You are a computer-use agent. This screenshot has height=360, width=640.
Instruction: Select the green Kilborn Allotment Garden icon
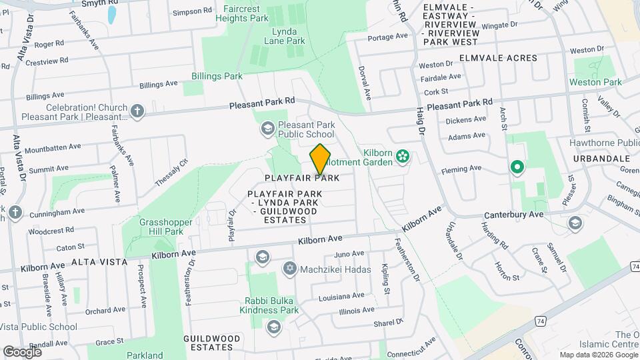click(x=402, y=157)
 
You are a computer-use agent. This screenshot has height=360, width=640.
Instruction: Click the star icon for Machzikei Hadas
click(x=289, y=268)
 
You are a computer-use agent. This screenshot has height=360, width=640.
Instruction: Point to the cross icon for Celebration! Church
click(x=137, y=111)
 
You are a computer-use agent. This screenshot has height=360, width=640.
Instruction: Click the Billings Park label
click(x=217, y=76)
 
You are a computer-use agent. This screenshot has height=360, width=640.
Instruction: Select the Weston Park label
click(x=595, y=82)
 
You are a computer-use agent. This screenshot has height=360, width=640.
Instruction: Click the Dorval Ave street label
click(x=366, y=85)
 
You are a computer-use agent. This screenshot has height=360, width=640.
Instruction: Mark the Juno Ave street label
click(x=349, y=254)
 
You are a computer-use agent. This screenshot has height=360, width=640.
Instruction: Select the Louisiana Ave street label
click(x=341, y=295)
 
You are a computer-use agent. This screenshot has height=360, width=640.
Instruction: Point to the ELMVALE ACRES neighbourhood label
click(x=493, y=58)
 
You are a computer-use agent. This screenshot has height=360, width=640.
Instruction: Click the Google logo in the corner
click(x=22, y=351)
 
